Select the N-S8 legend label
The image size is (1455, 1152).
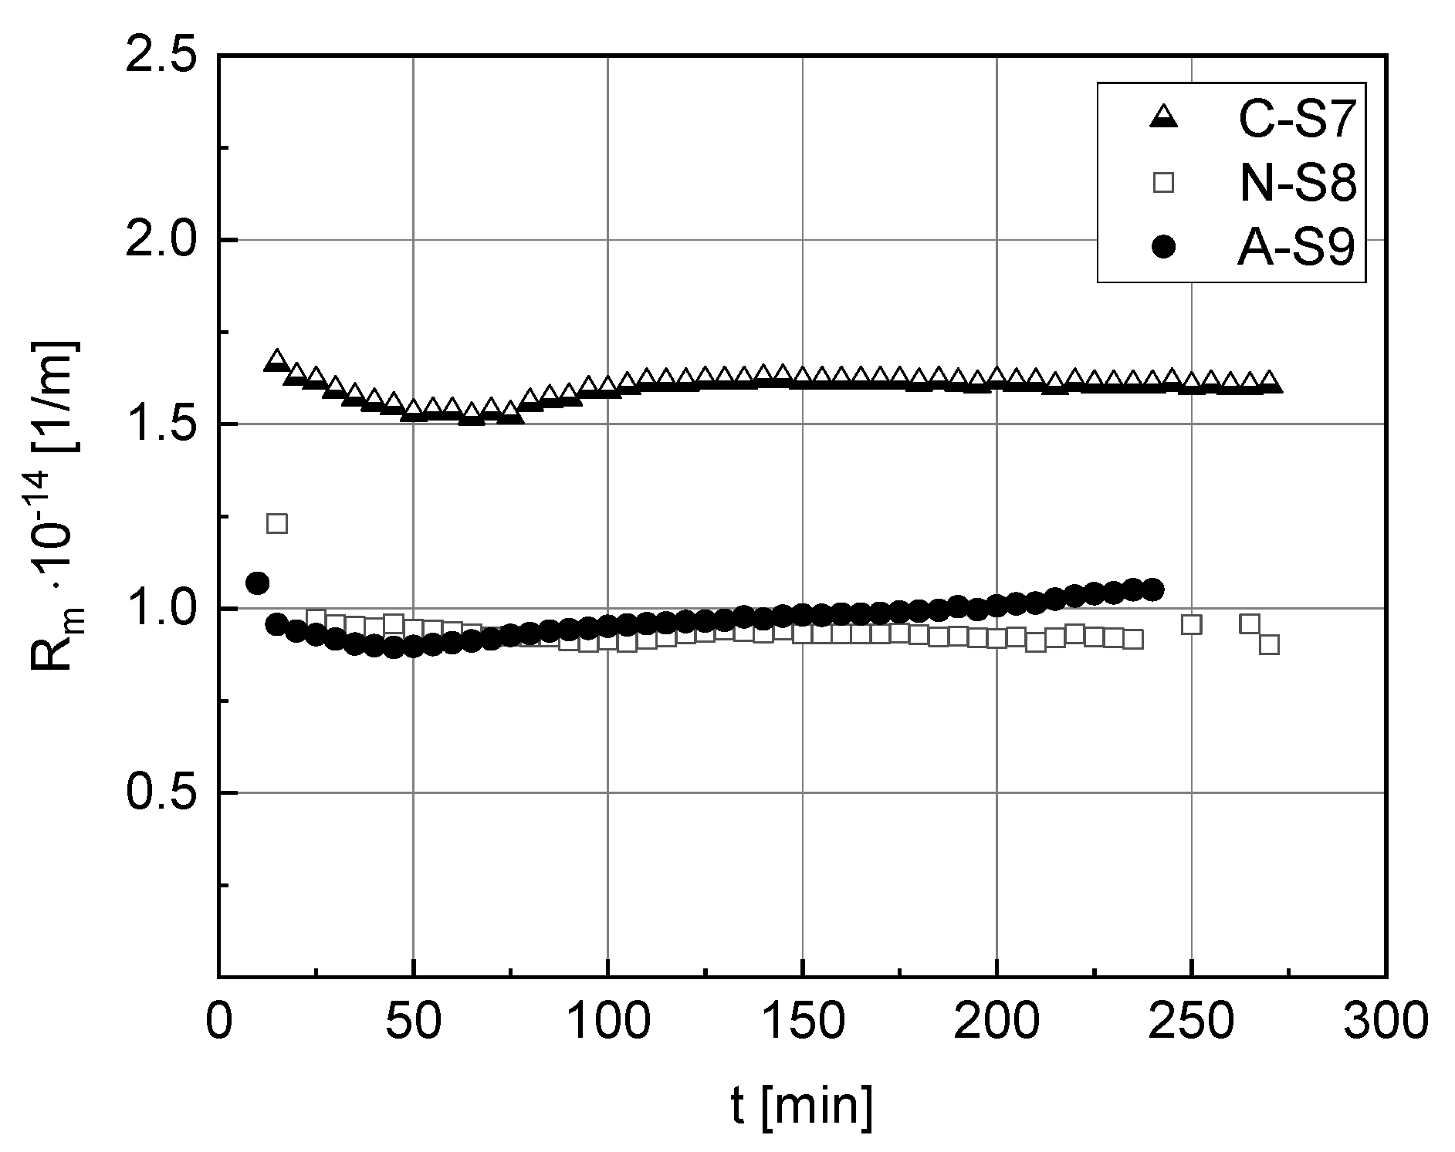pyautogui.click(x=1297, y=186)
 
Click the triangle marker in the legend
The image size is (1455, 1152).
pyautogui.click(x=1162, y=118)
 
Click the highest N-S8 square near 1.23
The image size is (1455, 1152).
pyautogui.click(x=276, y=523)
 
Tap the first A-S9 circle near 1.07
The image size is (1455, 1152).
pyautogui.click(x=257, y=583)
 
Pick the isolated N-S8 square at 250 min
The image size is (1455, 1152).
pyautogui.click(x=1192, y=624)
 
